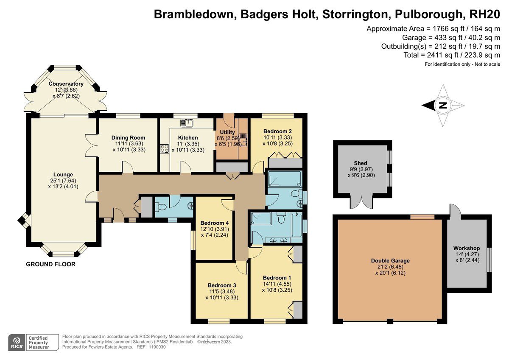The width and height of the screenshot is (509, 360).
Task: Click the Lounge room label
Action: point(63,174)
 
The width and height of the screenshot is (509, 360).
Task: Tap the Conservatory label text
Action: point(66,84)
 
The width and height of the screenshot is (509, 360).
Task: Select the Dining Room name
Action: point(128,137)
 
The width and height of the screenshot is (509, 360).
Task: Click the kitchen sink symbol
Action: point(187,123)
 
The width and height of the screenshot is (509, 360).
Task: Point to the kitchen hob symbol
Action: point(165,149)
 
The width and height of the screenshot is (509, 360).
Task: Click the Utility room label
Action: point(227,132)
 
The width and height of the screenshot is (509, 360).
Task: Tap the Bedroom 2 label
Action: point(277,131)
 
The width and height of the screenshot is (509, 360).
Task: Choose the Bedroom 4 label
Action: point(215,223)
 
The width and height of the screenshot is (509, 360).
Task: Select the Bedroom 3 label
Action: point(222,285)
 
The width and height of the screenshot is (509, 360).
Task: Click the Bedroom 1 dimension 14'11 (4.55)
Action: point(277,284)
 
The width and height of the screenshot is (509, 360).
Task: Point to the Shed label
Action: point(361,163)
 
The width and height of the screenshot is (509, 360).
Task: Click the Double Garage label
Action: point(390,260)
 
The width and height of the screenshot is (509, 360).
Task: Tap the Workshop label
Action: point(467,248)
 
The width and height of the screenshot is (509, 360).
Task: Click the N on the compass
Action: point(443,106)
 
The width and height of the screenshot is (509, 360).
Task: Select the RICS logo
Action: point(17,342)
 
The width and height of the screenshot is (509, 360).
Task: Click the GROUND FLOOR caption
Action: point(50,264)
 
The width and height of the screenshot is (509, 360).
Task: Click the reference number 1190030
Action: point(157,347)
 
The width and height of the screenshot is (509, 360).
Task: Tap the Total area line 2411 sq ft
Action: point(452,55)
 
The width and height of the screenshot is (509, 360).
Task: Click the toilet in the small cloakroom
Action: point(161,207)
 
